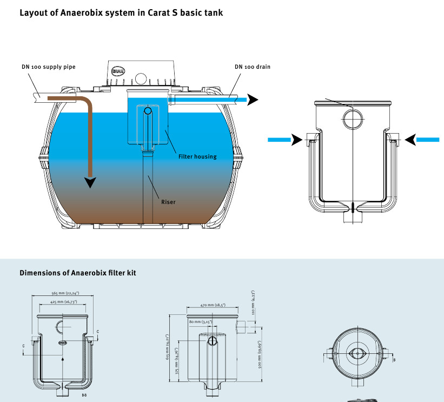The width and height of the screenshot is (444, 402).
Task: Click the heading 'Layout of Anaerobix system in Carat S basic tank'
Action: point(121,12)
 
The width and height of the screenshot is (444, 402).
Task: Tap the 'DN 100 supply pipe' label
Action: point(49,67)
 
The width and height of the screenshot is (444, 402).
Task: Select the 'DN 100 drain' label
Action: point(253,67)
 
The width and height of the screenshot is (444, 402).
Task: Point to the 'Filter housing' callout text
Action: point(197,157)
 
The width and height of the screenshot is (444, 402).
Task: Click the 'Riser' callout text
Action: point(168,202)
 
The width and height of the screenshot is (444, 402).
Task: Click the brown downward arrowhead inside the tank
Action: point(90,182)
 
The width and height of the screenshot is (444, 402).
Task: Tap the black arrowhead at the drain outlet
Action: point(253,100)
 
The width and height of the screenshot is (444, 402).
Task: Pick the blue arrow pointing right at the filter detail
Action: point(284,140)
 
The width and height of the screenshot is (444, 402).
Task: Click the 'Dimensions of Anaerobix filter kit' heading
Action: point(78,273)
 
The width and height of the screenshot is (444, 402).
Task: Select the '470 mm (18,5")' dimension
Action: point(212,305)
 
